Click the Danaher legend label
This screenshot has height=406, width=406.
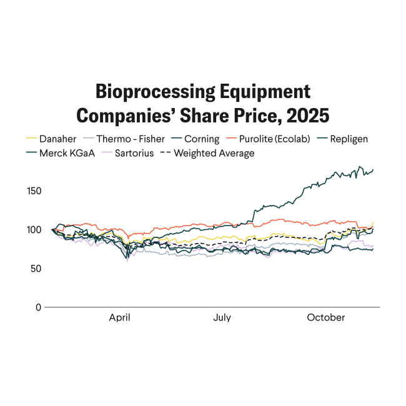pyautogui.click(x=59, y=139)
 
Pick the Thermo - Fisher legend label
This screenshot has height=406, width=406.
pyautogui.click(x=131, y=139)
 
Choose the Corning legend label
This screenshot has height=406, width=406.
pyautogui.click(x=202, y=139)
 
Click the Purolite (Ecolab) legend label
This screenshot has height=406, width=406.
pyautogui.click(x=274, y=139)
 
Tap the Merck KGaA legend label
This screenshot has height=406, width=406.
pyautogui.click(x=69, y=152)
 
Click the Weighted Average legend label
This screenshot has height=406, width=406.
pyautogui.click(x=214, y=152)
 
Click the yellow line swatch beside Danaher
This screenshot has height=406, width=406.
pyautogui.click(x=31, y=139)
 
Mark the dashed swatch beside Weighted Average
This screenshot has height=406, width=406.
pyautogui.click(x=166, y=152)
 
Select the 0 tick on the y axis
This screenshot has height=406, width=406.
pyautogui.click(x=38, y=307)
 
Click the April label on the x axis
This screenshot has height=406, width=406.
pyautogui.click(x=119, y=317)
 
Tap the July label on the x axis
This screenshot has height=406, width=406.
pyautogui.click(x=222, y=317)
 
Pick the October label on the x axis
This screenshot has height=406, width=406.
pyautogui.click(x=325, y=317)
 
